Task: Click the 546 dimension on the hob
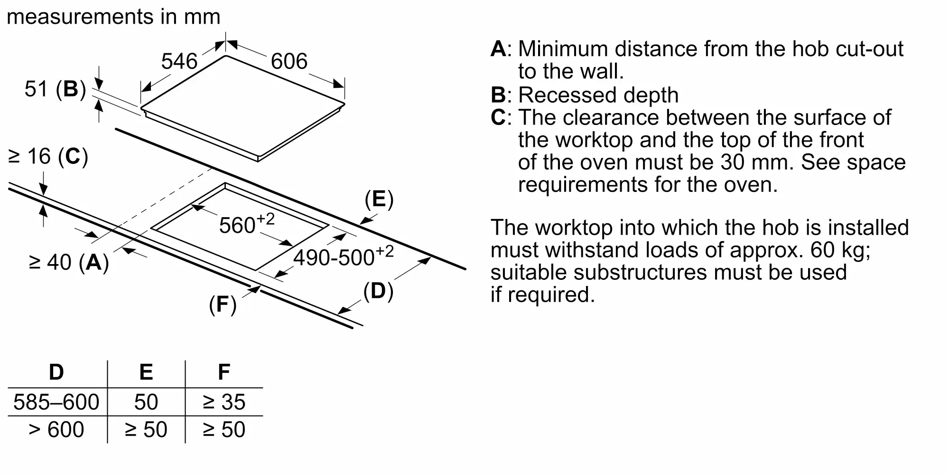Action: click(x=179, y=61)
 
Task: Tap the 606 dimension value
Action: click(x=289, y=61)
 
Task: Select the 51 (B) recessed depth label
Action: click(x=55, y=89)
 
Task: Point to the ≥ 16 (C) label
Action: click(x=48, y=156)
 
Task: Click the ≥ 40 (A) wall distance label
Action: click(x=69, y=262)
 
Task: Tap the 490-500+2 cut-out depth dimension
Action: click(x=344, y=256)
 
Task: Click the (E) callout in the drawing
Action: click(x=379, y=199)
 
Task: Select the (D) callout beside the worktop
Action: click(x=378, y=291)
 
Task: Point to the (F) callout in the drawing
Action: click(x=223, y=304)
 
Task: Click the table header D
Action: click(x=56, y=372)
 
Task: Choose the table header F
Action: click(x=224, y=372)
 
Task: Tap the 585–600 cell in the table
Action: click(x=56, y=402)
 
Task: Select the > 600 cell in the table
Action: click(x=56, y=430)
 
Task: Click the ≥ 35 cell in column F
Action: click(x=224, y=402)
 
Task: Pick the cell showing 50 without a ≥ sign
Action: click(x=146, y=402)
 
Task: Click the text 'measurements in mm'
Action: click(x=114, y=17)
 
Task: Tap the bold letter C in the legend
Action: click(x=498, y=117)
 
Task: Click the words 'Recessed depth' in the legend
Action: click(x=598, y=95)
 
